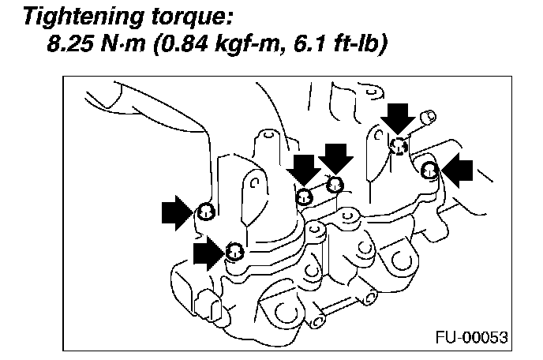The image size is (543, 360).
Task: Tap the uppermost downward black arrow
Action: point(399,118)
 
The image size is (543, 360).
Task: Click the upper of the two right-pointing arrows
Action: point(178,211)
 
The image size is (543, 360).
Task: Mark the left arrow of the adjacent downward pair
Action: point(304,170)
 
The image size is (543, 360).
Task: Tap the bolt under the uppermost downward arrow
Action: point(399,144)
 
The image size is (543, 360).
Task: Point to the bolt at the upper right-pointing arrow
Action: point(205,210)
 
